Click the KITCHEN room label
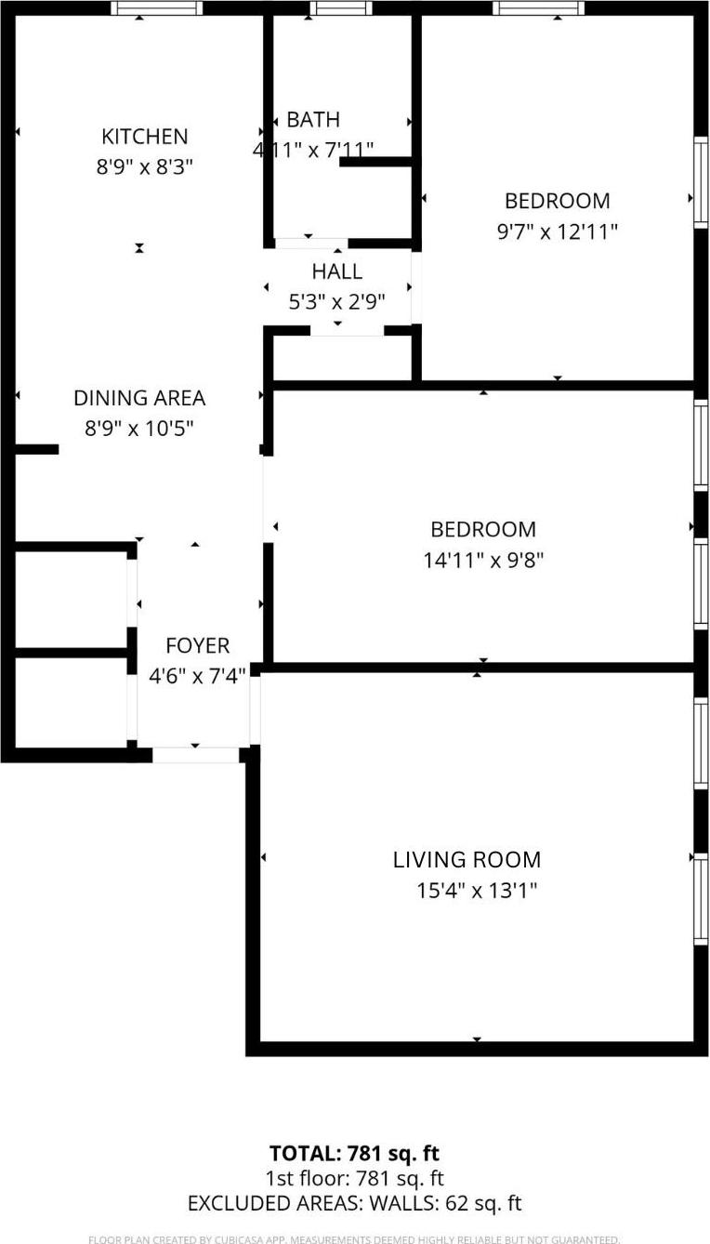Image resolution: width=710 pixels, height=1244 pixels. (x=144, y=137)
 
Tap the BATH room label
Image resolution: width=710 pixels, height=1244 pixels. (x=313, y=119)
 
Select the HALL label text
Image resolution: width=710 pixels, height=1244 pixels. (x=336, y=271)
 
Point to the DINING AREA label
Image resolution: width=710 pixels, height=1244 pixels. (x=139, y=398)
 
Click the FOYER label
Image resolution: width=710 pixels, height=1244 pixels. (x=197, y=645)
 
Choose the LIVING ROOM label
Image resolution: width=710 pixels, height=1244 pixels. (x=467, y=860)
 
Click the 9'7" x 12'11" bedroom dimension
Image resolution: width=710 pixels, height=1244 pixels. (x=558, y=232)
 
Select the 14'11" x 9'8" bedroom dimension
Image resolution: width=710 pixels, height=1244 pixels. (x=482, y=560)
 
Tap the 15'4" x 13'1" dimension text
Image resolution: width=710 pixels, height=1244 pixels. (x=477, y=891)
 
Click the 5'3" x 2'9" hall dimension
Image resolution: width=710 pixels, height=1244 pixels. (x=336, y=302)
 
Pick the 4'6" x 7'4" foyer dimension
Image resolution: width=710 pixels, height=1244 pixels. (x=197, y=676)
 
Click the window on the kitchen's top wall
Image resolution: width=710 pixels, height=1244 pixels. (x=156, y=8)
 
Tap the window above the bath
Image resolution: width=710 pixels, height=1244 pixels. (x=340, y=8)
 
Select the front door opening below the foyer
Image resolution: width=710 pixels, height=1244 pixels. (x=195, y=755)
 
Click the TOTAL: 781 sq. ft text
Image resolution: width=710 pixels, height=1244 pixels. (x=354, y=1154)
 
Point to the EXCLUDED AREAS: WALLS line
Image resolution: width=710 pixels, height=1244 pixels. (x=354, y=1204)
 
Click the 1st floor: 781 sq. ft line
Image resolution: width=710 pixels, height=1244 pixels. (x=354, y=1179)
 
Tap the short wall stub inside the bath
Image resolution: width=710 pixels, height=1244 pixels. (x=375, y=162)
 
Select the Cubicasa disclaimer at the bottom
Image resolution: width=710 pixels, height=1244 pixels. (x=354, y=1238)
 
